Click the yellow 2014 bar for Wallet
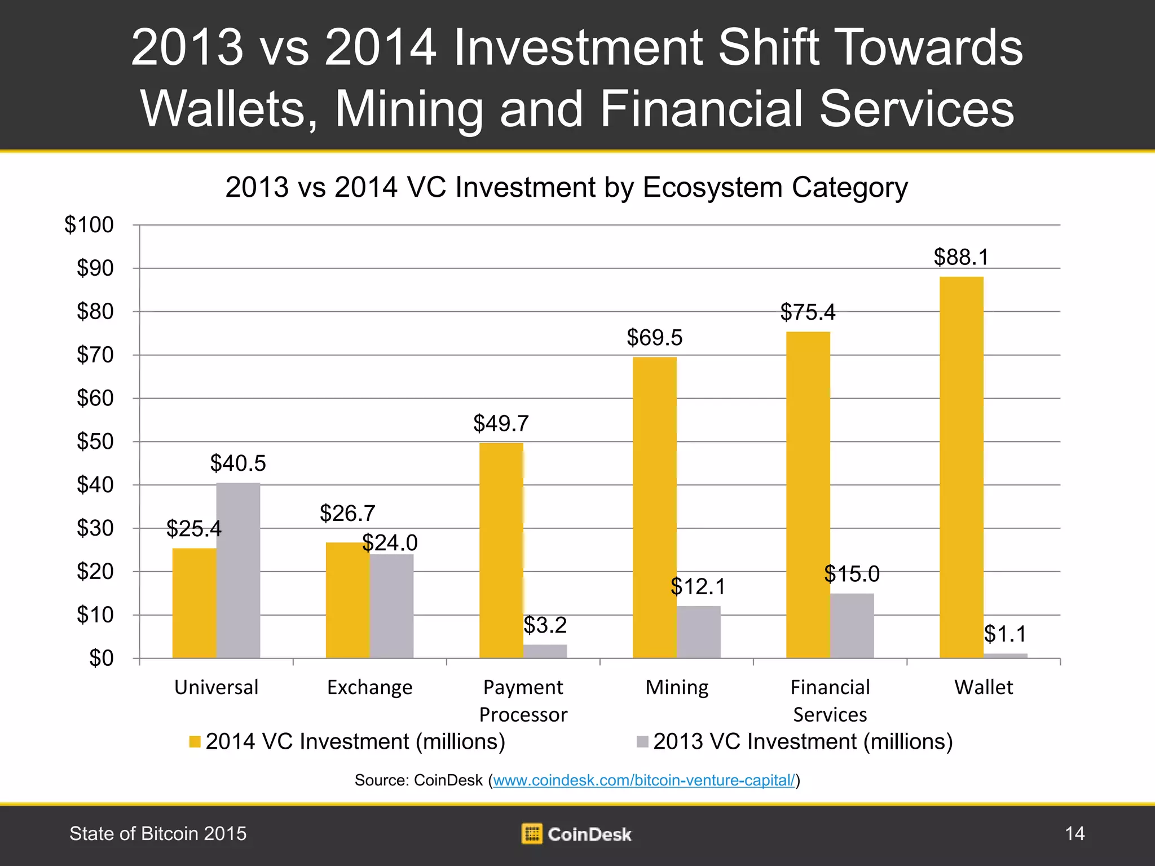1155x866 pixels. [x=961, y=468]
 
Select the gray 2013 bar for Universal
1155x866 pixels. [x=238, y=569]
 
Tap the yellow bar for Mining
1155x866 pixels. [x=654, y=507]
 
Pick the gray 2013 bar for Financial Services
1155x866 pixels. [x=852, y=626]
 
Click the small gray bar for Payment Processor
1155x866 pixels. [x=545, y=651]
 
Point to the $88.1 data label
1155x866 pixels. [x=961, y=257]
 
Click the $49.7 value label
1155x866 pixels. [x=501, y=423]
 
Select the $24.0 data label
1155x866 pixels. [x=390, y=543]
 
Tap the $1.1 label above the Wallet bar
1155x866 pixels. [x=1005, y=634]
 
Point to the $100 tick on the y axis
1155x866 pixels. [x=89, y=225]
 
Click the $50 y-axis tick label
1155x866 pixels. [x=95, y=441]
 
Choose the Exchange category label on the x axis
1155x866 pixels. [x=369, y=687]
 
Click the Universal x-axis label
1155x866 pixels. [x=216, y=687]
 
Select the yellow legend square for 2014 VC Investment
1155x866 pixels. [x=195, y=741]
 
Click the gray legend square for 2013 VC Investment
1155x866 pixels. [x=642, y=741]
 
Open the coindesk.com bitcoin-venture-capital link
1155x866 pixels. [x=643, y=780]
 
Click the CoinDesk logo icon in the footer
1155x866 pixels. [x=531, y=834]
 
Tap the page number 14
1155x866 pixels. [x=1074, y=833]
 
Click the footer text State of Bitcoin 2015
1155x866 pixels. [x=158, y=833]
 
